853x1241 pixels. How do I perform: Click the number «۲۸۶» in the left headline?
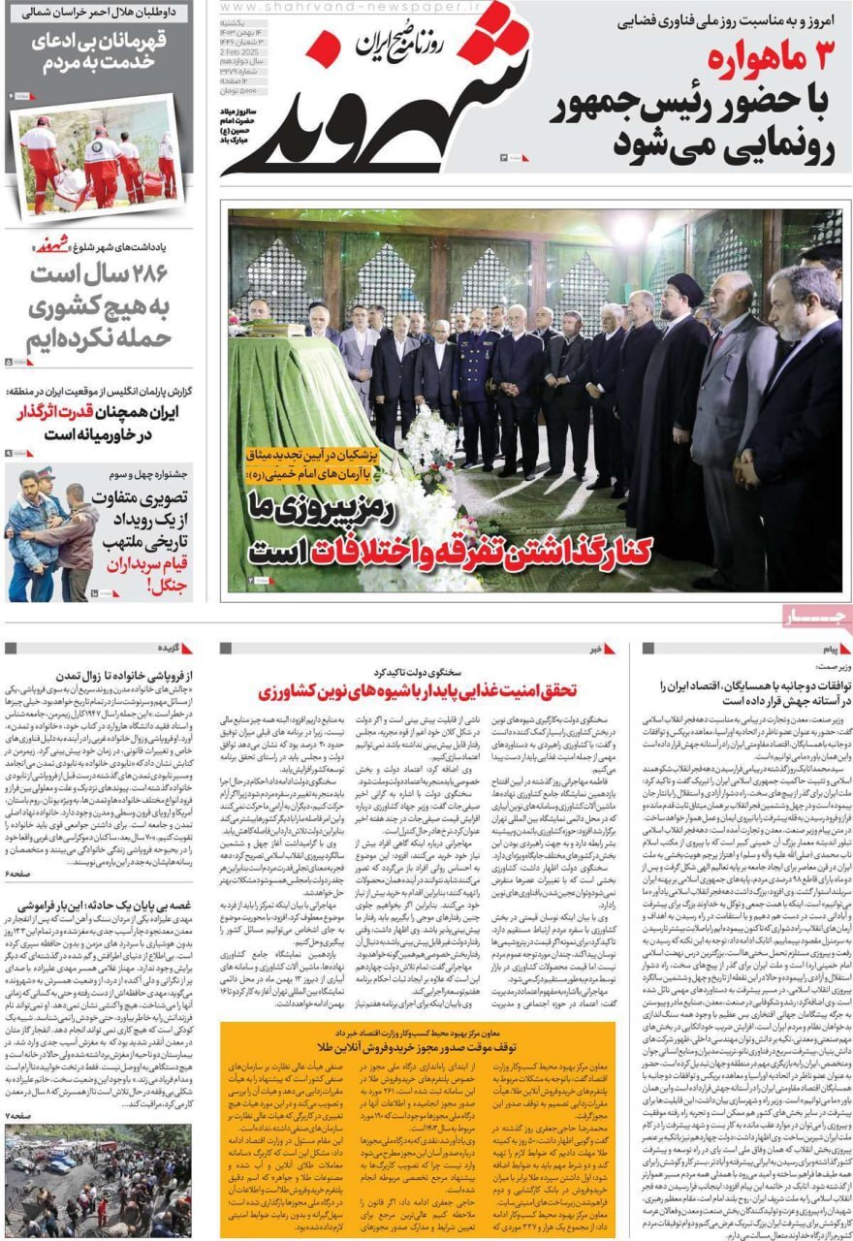(142, 273)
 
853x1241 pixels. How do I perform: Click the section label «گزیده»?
(171, 647)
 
